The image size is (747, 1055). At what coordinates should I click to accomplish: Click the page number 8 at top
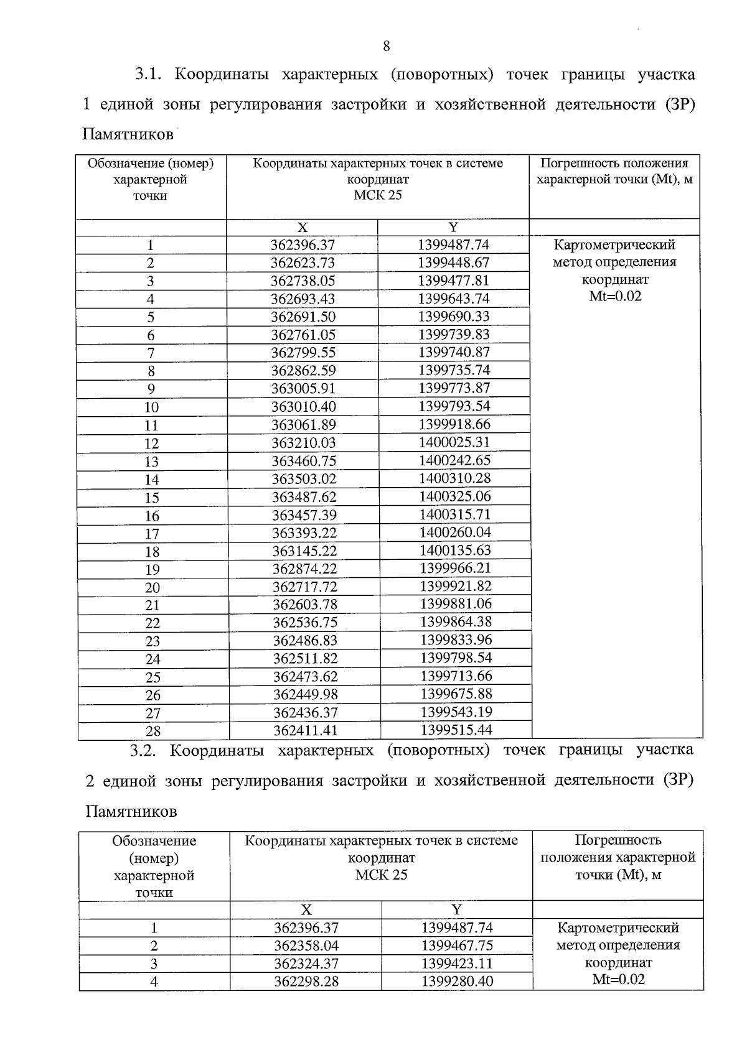coord(387,46)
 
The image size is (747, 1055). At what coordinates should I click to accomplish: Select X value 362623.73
coord(303,263)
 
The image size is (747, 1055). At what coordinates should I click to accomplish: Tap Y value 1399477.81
coord(454,281)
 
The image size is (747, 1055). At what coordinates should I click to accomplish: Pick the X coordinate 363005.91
coord(303,389)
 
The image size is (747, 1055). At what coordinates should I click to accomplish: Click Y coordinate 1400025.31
coord(454,442)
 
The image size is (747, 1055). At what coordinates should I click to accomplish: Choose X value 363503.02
coord(304,479)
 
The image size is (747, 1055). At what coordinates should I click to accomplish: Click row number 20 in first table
coord(153,588)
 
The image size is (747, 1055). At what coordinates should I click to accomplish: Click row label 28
coord(153,732)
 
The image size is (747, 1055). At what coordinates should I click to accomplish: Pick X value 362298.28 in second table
coord(306,982)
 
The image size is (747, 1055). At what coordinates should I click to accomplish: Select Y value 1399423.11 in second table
coord(457,964)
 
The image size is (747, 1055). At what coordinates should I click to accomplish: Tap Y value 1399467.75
coord(457,946)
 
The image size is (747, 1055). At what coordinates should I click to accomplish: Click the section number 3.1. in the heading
coord(148,75)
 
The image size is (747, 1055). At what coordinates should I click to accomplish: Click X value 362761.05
coord(303,335)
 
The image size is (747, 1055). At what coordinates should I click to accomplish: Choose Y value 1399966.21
coord(456,569)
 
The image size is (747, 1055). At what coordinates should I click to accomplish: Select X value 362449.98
coord(304,695)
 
